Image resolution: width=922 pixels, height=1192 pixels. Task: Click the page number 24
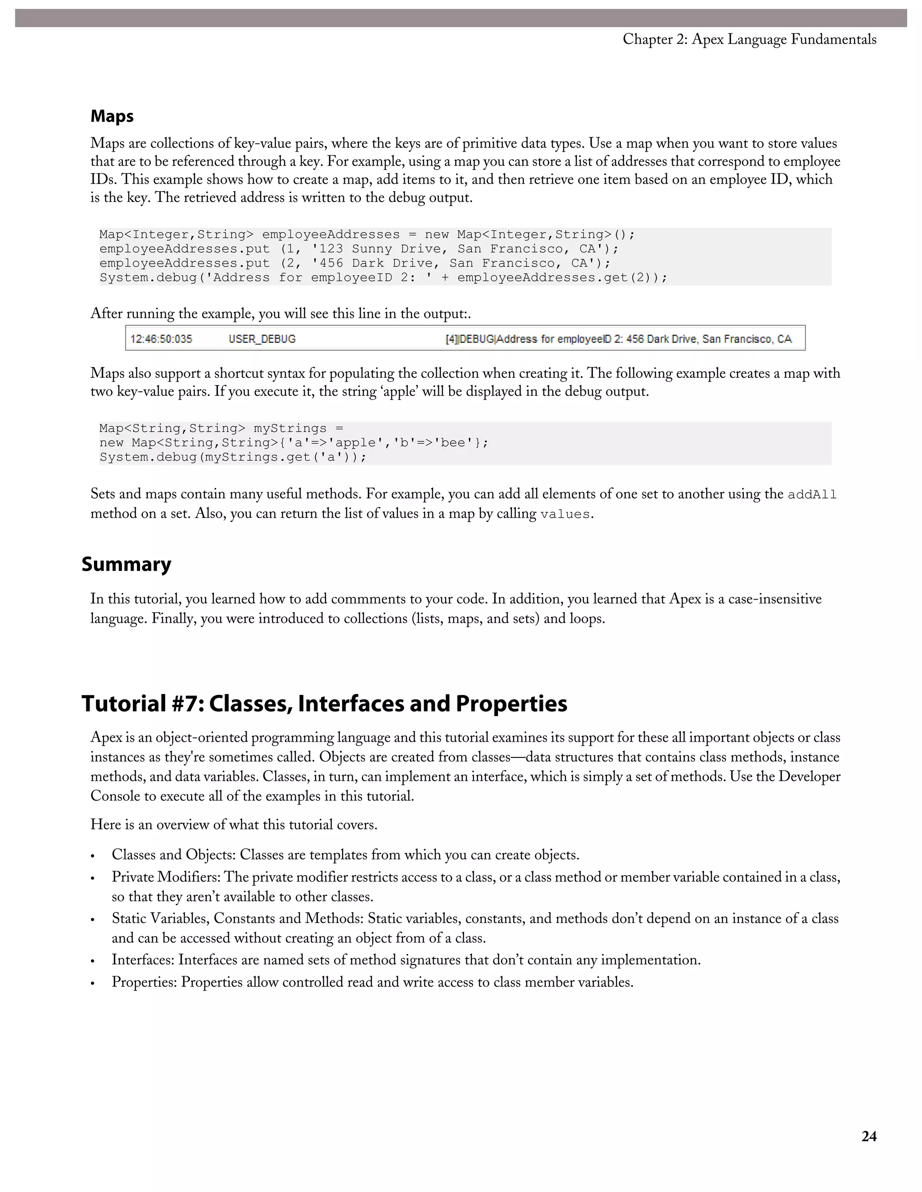click(868, 1136)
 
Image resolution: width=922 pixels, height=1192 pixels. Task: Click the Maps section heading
click(112, 116)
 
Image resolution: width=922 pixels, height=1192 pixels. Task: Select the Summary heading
click(126, 564)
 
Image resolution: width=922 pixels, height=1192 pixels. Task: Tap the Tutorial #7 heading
click(324, 704)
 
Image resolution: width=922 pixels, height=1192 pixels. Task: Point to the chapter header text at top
click(750, 39)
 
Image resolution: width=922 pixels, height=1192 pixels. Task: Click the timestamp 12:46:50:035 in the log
click(161, 339)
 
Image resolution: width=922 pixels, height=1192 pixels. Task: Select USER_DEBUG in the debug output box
click(262, 339)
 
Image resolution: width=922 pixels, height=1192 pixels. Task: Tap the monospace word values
click(565, 515)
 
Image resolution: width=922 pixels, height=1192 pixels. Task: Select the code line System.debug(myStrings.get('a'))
click(233, 457)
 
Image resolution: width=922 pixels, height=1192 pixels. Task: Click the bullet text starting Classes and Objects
click(345, 855)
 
